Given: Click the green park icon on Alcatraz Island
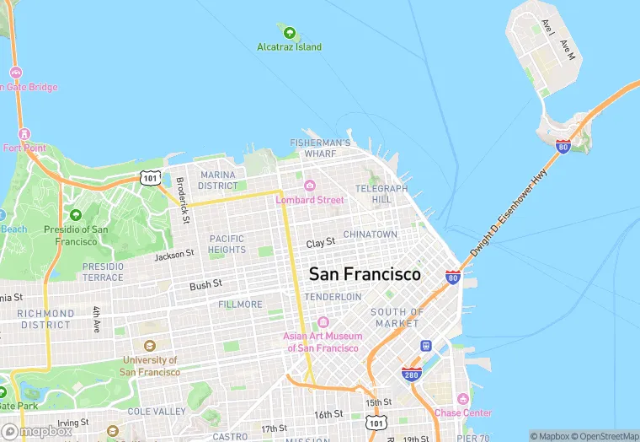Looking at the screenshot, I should tap(290, 34).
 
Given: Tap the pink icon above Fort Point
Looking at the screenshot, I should tap(23, 134).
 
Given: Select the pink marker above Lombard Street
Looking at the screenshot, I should tap(310, 186).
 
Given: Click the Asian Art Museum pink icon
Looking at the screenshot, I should tap(323, 322).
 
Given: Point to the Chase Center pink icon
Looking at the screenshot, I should tap(462, 398).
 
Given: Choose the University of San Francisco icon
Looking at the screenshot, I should tap(149, 346).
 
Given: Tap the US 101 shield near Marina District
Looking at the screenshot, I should tap(150, 177).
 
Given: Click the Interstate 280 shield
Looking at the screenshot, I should tap(411, 374).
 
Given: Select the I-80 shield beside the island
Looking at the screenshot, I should tap(563, 146).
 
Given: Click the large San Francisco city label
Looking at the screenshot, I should tap(365, 275).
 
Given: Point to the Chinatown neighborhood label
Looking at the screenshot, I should tap(370, 234).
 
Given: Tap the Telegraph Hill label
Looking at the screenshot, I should tap(381, 194).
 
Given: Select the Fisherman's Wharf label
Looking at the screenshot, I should tap(319, 148).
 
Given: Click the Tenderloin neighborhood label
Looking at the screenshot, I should tap(333, 297).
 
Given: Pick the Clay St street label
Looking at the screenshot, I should tap(321, 243).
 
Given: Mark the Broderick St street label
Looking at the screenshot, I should tap(181, 200).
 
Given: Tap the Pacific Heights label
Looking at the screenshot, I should tap(227, 244).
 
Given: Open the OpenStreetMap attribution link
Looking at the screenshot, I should tap(605, 435).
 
